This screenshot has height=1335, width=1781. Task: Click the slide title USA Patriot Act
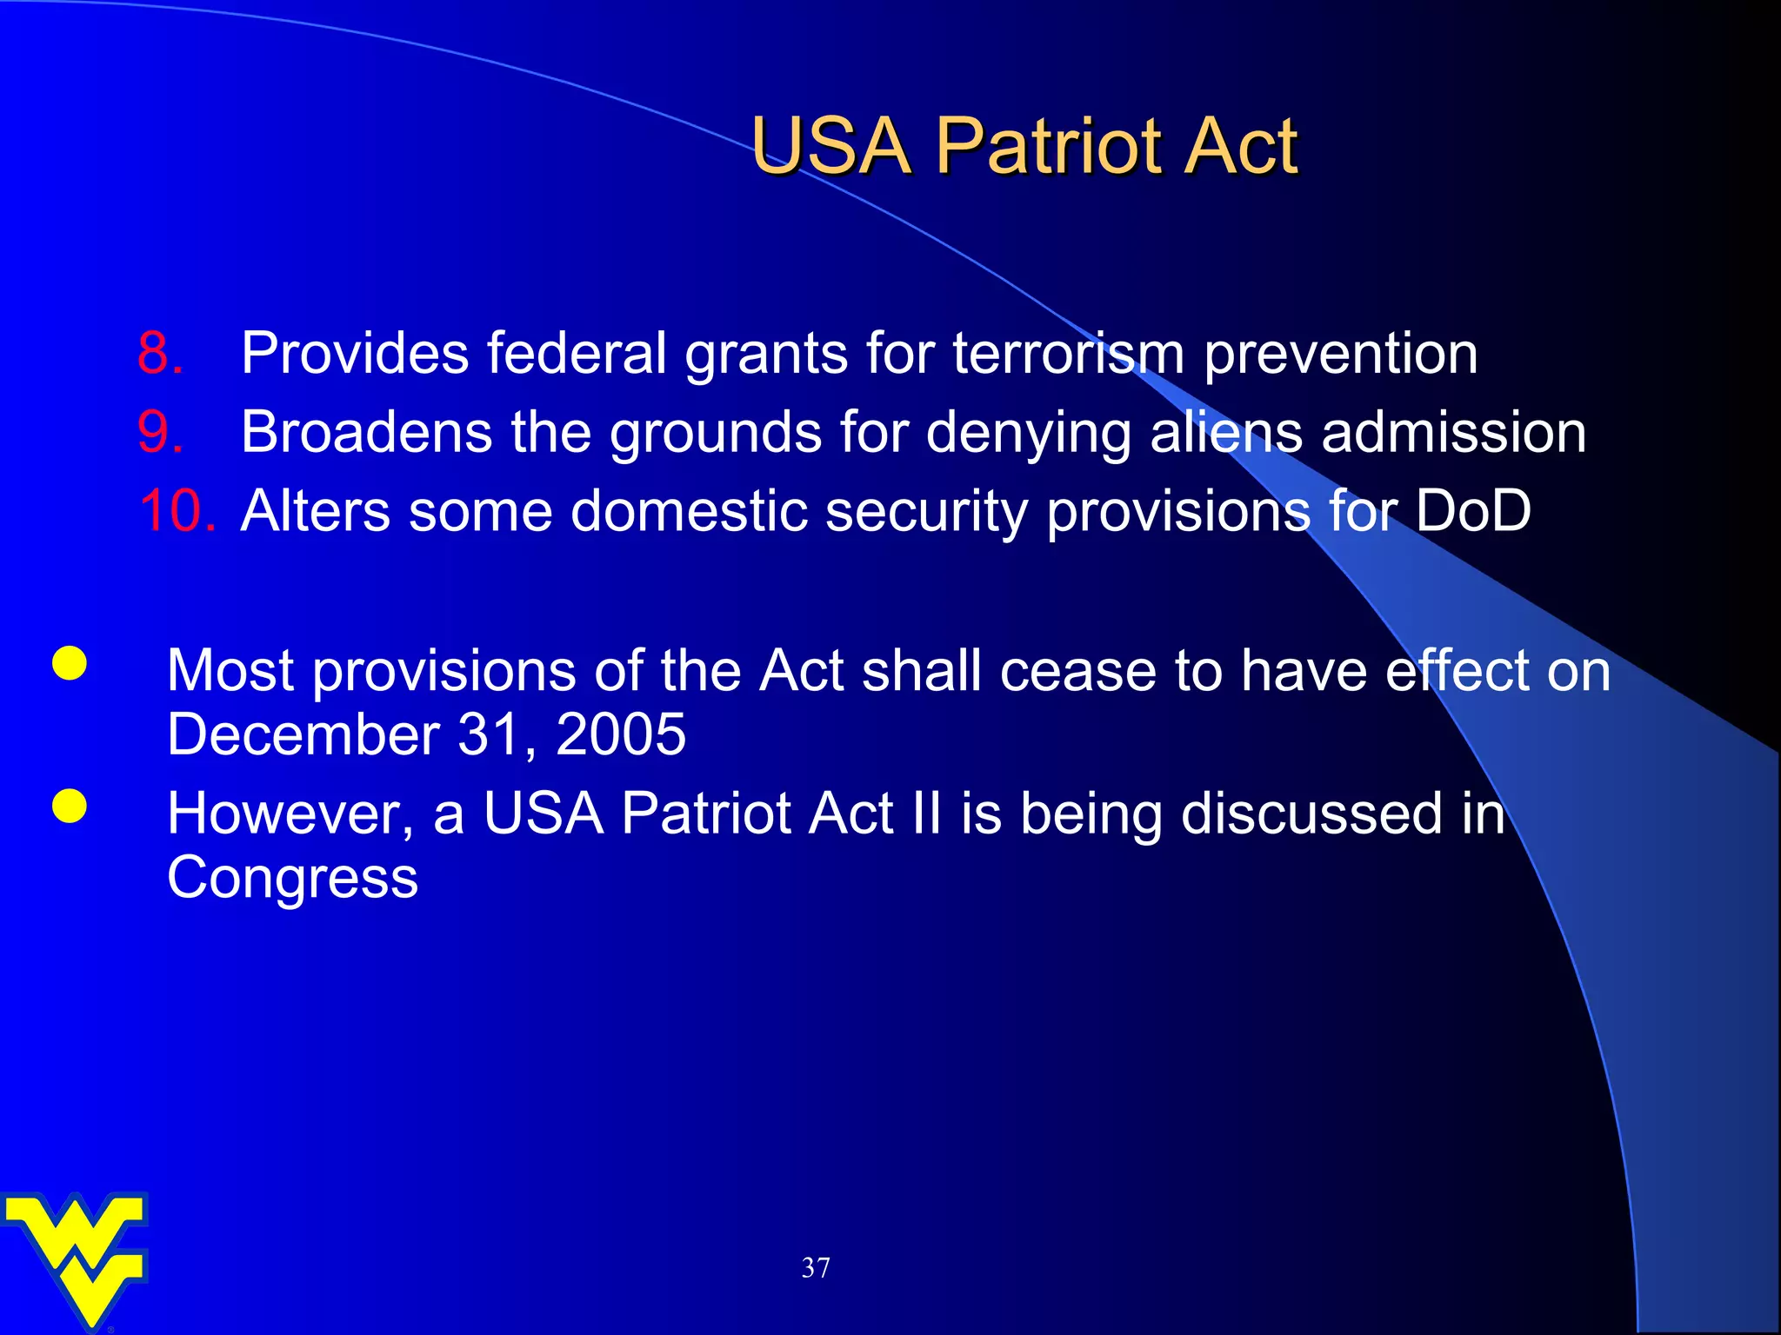1024,146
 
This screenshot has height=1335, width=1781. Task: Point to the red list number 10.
177,510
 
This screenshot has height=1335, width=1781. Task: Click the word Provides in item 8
355,353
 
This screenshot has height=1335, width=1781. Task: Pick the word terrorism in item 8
1069,353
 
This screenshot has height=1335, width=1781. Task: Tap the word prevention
1340,355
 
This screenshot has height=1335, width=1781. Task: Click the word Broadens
366,432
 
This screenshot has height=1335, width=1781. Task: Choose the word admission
1454,432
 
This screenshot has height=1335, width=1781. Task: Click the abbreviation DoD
1473,510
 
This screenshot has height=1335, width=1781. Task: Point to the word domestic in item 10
687,510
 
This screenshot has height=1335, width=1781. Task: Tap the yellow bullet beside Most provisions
70,664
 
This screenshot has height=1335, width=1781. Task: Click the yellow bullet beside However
70,807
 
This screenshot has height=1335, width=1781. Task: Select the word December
304,735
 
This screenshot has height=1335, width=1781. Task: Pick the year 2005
620,735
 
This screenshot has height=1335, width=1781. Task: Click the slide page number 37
815,1268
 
